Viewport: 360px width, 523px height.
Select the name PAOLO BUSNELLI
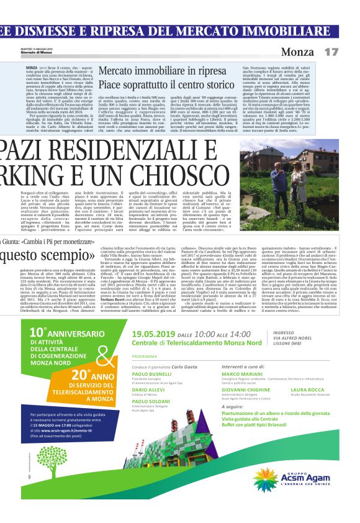pyautogui.click(x=152, y=375)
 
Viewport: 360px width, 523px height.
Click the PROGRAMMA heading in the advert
pyautogui.click(x=145, y=357)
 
